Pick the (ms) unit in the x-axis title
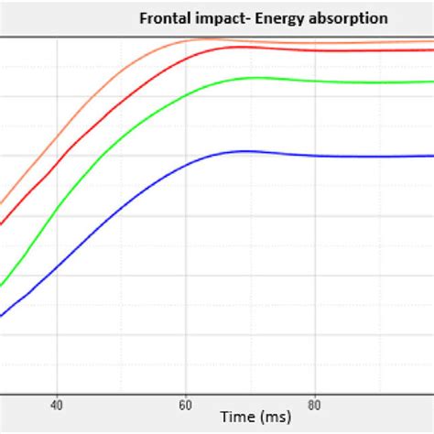[275, 417]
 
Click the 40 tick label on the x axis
[57, 403]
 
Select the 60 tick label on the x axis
[186, 403]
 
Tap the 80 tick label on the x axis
[315, 403]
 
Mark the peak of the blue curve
[245, 151]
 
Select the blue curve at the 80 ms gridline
[315, 157]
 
